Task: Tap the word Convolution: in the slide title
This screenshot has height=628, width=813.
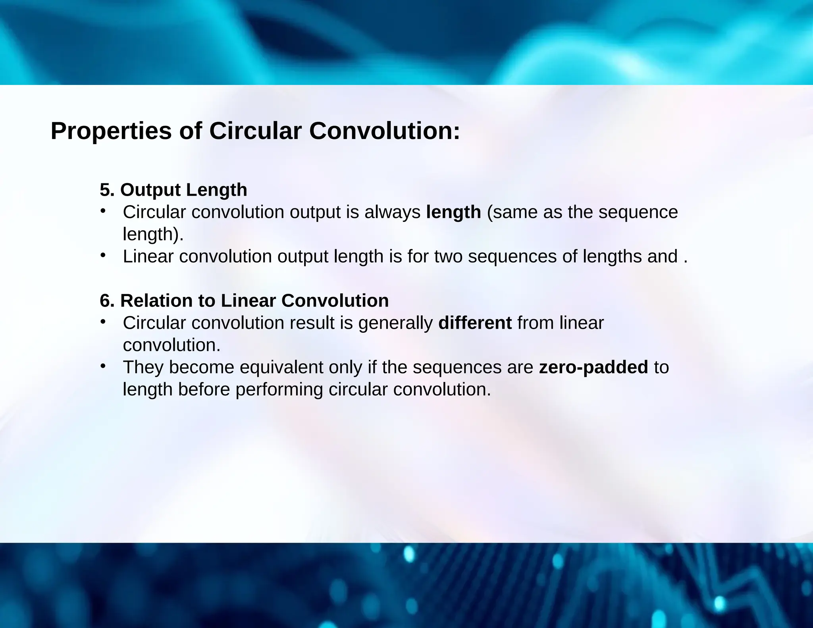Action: (384, 131)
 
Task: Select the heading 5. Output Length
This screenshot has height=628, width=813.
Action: (173, 190)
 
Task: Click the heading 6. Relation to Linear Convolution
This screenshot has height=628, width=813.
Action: (244, 301)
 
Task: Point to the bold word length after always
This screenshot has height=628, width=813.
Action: (453, 212)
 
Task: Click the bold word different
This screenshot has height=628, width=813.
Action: (475, 323)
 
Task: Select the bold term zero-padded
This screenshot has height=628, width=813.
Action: (593, 367)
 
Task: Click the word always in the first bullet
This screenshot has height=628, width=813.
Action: (392, 212)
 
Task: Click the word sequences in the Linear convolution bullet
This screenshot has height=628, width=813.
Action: (512, 256)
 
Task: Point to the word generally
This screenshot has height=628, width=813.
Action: (395, 323)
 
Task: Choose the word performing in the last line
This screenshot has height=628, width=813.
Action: (279, 389)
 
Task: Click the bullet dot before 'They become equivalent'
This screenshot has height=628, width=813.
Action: (103, 366)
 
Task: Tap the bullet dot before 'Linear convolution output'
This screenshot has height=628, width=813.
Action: (103, 255)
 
